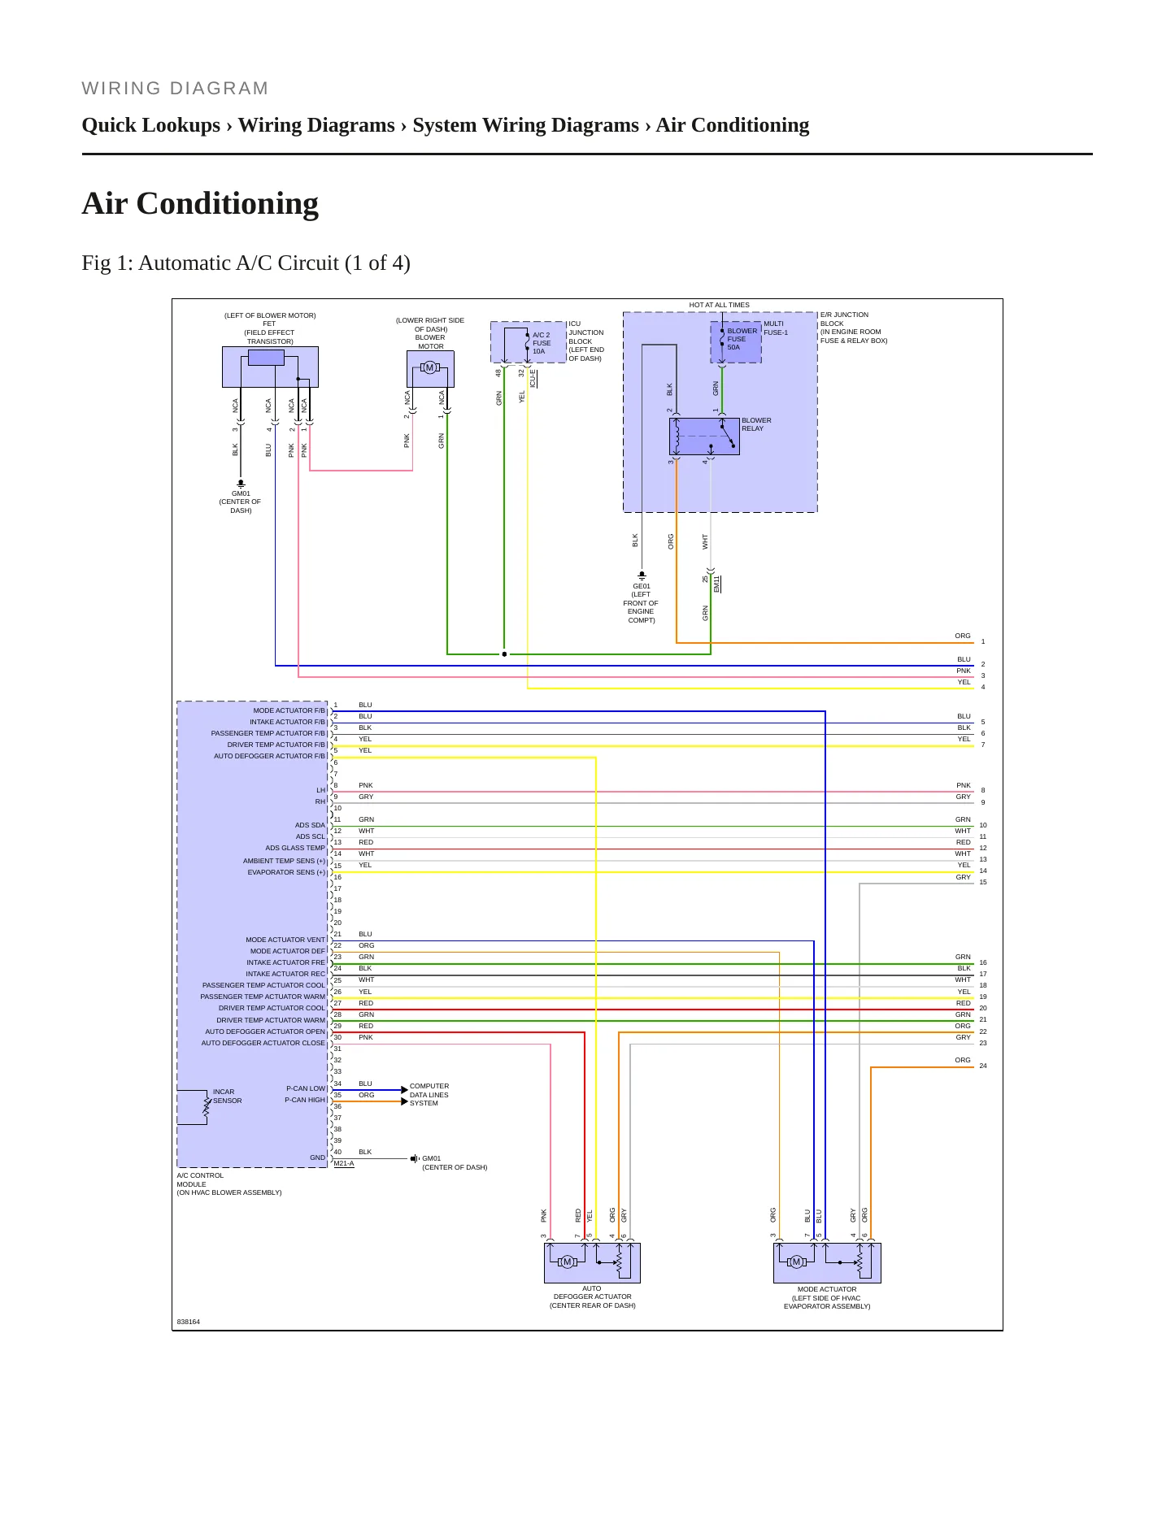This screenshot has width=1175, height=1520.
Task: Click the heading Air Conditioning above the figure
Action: (x=200, y=203)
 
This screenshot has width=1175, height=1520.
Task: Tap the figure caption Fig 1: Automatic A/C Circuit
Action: (x=246, y=263)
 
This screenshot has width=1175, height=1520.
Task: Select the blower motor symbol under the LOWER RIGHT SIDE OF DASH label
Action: (x=430, y=369)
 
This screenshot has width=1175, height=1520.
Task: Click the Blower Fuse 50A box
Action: (x=736, y=342)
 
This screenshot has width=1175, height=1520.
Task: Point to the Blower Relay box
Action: (x=704, y=436)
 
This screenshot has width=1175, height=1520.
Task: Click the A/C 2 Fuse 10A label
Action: (x=542, y=343)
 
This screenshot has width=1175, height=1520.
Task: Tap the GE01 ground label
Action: (x=642, y=586)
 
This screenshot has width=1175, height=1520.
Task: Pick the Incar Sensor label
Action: (x=228, y=1097)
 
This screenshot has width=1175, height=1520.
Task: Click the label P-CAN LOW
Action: (x=306, y=1088)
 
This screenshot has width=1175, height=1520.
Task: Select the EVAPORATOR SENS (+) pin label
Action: (x=286, y=872)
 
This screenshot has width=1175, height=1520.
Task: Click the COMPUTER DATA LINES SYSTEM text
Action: (x=429, y=1095)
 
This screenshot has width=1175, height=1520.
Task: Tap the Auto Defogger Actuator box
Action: (x=592, y=1262)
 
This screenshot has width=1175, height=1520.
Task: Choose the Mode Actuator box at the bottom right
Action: (x=827, y=1262)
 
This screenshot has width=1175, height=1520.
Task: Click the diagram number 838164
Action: (x=189, y=1322)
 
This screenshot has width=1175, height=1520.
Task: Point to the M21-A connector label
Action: (x=344, y=1163)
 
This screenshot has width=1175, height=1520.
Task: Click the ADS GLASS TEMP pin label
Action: (x=295, y=848)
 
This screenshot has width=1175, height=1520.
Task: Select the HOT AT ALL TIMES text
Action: (x=720, y=305)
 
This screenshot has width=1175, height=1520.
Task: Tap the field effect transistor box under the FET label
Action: (x=270, y=367)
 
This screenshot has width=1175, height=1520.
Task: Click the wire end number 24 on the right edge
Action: (x=983, y=1066)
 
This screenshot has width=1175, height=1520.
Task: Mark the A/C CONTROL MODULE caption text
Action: (x=229, y=1184)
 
